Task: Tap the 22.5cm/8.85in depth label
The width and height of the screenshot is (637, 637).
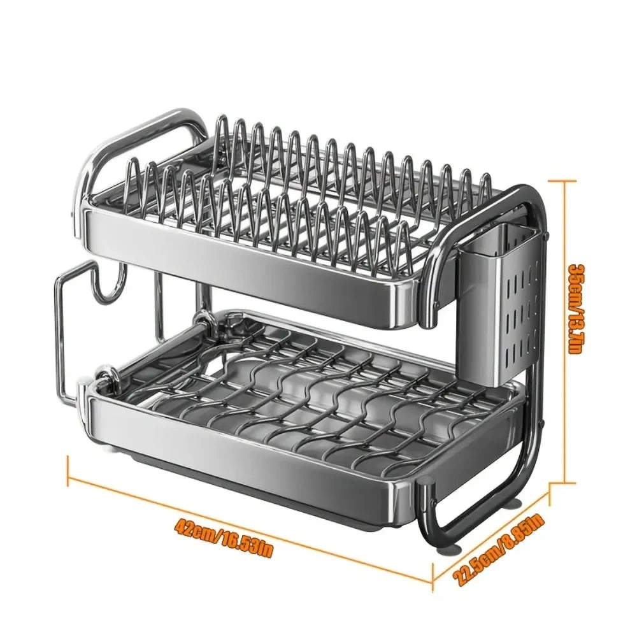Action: [500, 550]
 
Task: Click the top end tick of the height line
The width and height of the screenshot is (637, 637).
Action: [564, 181]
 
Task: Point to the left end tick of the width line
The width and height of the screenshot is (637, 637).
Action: [68, 472]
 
